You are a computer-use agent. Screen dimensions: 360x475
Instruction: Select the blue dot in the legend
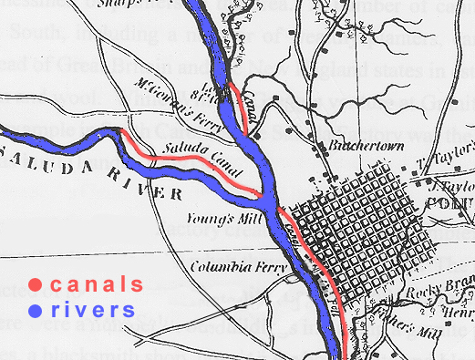pos(36,310)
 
